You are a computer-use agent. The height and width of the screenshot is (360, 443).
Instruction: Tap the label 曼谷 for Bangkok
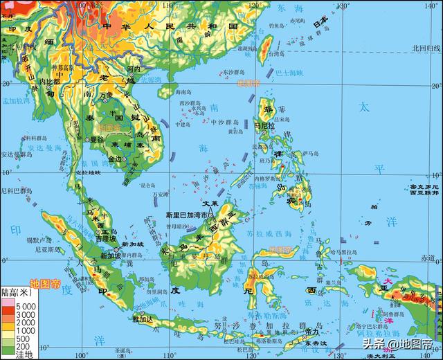coord(97,139)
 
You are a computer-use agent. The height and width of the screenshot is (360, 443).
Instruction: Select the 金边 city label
coord(114,159)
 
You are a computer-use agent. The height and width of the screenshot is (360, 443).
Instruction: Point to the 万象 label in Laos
coord(105,93)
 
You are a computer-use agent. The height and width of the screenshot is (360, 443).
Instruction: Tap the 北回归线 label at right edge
coord(426,48)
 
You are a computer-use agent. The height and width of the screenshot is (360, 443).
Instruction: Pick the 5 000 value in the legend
coord(27,305)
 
